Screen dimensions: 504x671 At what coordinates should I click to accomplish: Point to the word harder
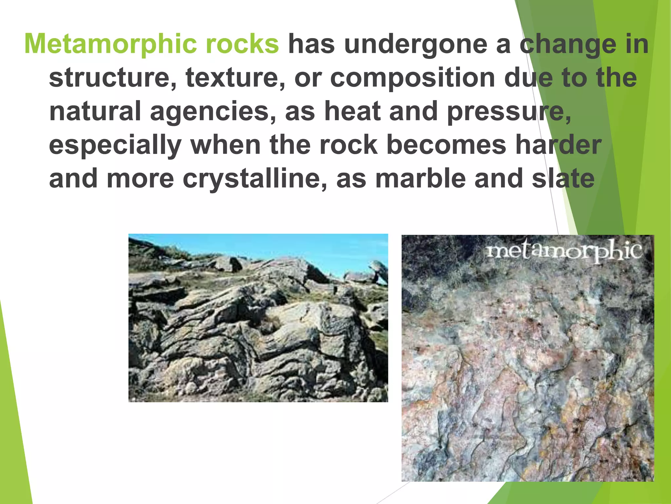pos(558,145)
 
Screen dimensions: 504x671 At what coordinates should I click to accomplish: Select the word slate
pos(563,179)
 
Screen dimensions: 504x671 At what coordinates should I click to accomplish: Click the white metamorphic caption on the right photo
pos(564,252)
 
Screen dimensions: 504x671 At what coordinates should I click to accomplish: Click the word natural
pos(95,112)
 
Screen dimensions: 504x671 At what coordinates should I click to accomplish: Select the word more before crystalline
pos(140,179)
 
